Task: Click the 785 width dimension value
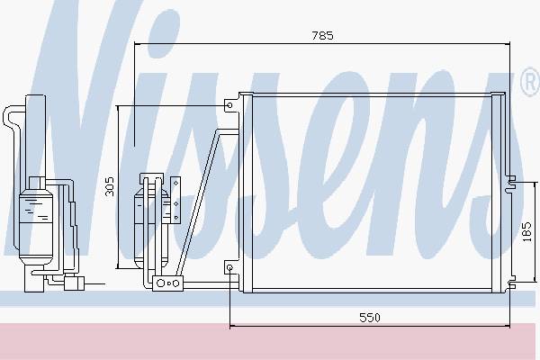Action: click(x=323, y=35)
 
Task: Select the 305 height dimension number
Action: click(x=109, y=186)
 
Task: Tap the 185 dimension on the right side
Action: click(x=527, y=232)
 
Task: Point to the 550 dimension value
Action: click(x=370, y=318)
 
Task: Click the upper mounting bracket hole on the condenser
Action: click(x=229, y=105)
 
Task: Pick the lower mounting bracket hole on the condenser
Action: click(x=229, y=267)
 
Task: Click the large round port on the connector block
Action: click(x=160, y=283)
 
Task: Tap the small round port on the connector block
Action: click(x=175, y=283)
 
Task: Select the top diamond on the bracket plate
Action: click(x=176, y=183)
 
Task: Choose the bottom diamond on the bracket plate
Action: click(x=176, y=218)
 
